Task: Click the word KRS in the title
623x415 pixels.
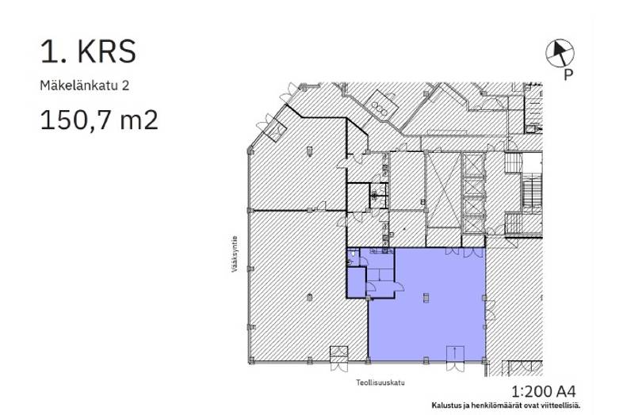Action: click(106, 51)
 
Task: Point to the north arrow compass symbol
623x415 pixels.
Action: click(559, 52)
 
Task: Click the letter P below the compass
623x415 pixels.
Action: click(568, 76)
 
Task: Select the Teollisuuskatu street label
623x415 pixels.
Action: click(380, 383)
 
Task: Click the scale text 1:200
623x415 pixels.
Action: click(532, 391)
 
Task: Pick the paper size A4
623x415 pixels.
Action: click(568, 391)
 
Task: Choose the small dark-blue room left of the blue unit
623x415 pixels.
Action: click(356, 282)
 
